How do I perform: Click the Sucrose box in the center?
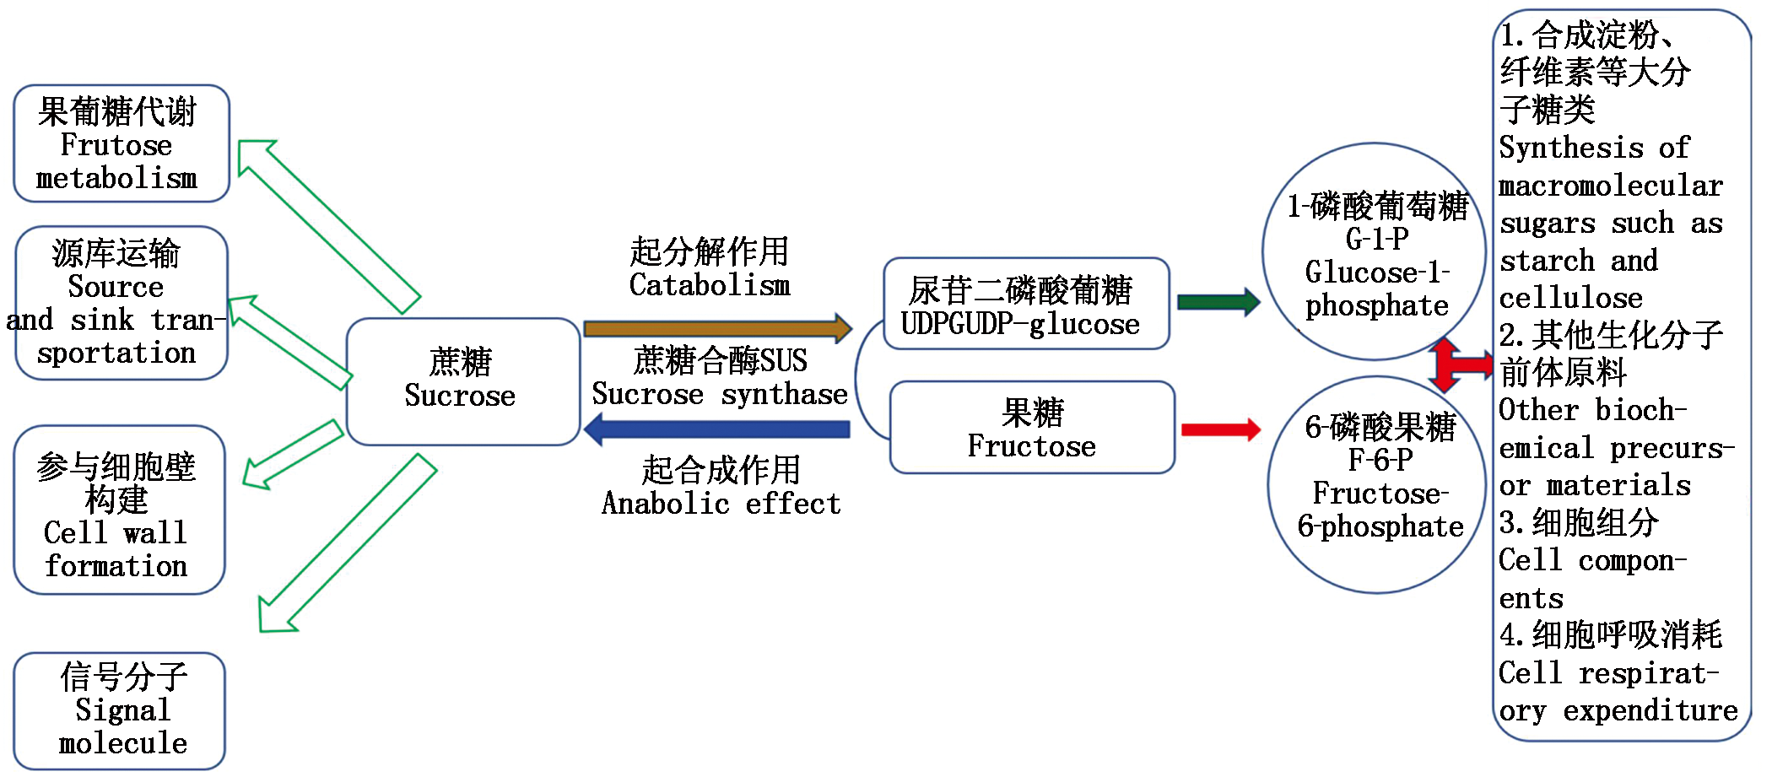point(462,381)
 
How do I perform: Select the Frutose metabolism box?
point(122,143)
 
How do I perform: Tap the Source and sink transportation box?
point(122,303)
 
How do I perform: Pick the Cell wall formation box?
point(119,510)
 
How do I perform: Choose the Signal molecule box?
point(119,710)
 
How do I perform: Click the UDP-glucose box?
point(1025,304)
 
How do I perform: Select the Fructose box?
point(1032,428)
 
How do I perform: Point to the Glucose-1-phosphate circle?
point(1374,251)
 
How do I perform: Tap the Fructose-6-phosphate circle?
point(1378,484)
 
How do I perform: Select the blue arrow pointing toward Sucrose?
point(717,429)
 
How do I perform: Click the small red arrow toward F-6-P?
point(1220,429)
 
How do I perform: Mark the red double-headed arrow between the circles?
point(1453,364)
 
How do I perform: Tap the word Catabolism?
point(710,285)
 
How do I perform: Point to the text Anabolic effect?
point(721,504)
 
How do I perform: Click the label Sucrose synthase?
point(719,394)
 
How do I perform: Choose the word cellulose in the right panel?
point(1570,298)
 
